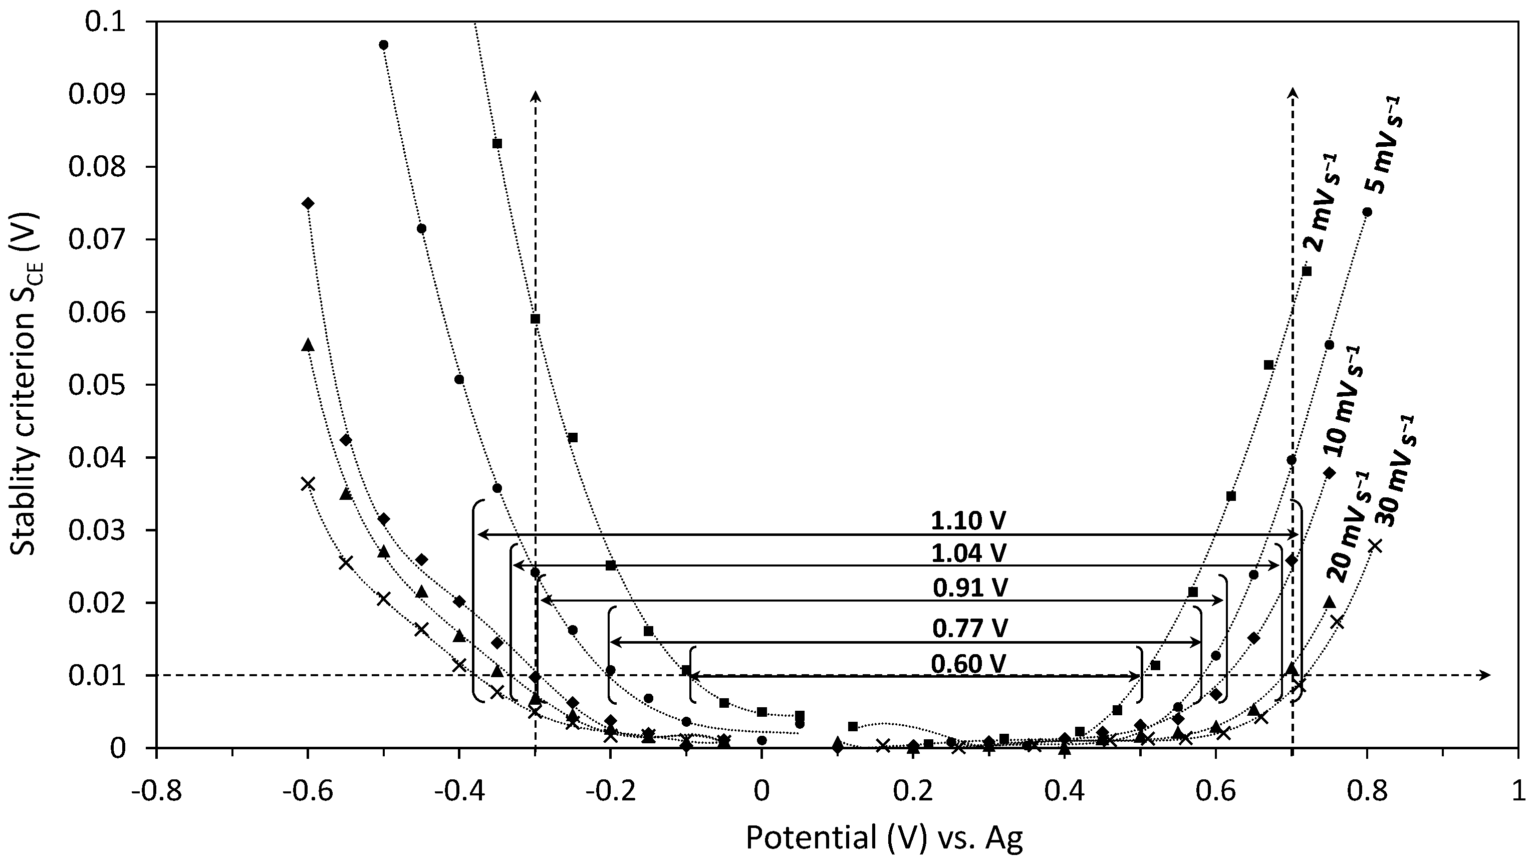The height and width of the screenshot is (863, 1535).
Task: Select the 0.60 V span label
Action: pos(969,664)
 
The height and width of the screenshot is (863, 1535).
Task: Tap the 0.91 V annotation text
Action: pos(970,589)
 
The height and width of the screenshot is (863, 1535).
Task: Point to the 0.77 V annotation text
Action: pos(970,628)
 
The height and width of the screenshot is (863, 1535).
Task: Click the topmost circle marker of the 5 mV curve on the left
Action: pos(384,45)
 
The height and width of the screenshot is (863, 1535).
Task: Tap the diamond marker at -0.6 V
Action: pos(308,204)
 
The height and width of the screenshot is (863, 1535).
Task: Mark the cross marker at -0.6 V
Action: pos(308,484)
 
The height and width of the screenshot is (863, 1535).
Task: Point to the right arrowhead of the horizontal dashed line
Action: pos(1486,675)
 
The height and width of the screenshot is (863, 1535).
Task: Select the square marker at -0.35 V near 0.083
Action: pos(497,144)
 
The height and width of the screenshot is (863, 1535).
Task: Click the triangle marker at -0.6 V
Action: pos(308,345)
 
